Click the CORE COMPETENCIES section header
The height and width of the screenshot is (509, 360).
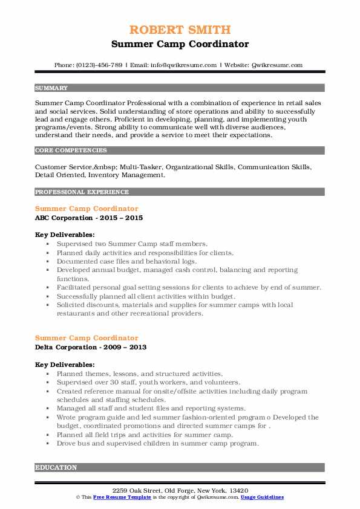click(65, 149)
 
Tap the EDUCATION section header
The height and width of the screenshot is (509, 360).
click(56, 467)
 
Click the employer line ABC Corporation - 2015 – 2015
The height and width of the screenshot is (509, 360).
click(89, 218)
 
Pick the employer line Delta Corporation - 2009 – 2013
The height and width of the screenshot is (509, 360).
click(91, 347)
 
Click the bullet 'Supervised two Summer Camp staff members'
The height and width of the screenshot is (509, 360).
click(133, 244)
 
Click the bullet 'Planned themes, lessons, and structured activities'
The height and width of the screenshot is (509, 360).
click(140, 374)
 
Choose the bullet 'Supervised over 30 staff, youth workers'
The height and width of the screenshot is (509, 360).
click(149, 383)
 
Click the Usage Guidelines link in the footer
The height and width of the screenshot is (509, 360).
click(262, 497)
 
